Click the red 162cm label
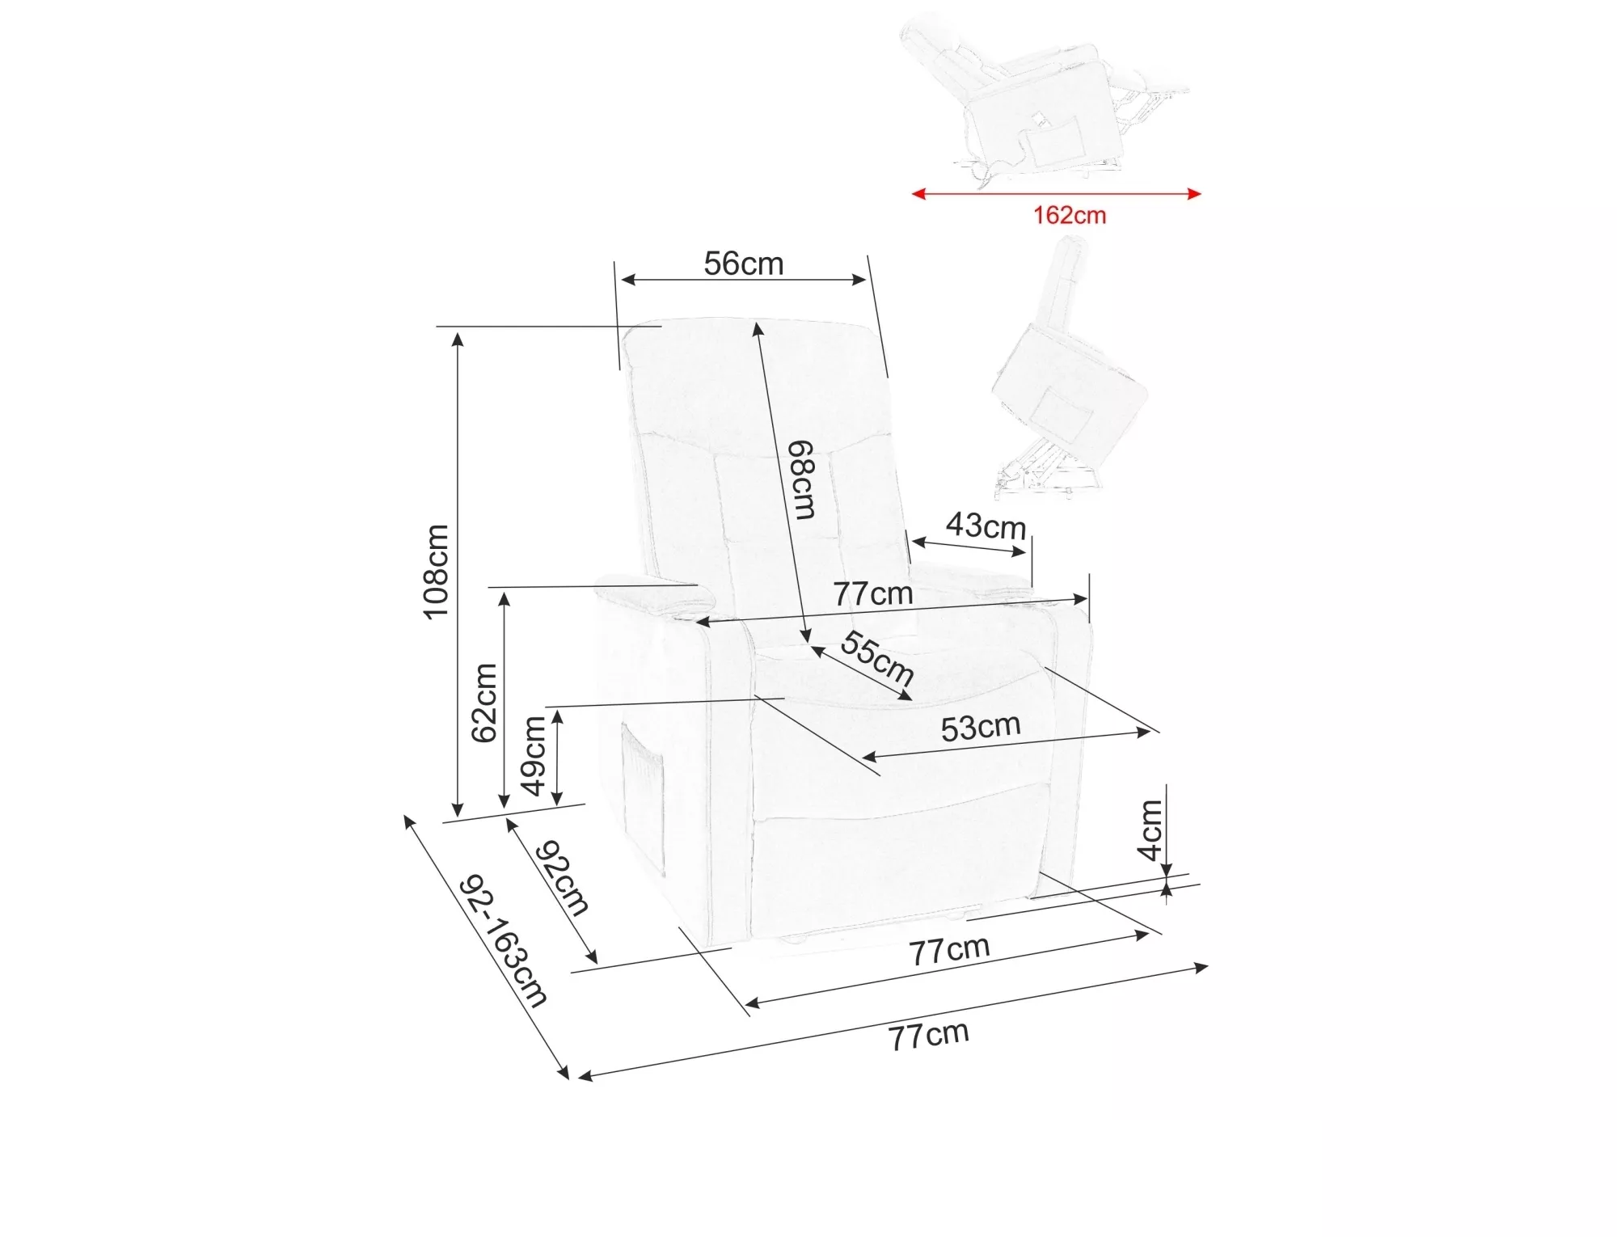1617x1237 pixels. tap(1069, 215)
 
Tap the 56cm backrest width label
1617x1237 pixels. tap(743, 264)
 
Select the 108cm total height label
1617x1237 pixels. tap(436, 572)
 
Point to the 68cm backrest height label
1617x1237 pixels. tap(802, 479)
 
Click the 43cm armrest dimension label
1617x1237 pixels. tap(986, 526)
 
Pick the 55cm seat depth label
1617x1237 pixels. tap(877, 656)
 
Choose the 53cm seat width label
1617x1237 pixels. tap(980, 728)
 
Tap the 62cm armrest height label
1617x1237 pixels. tap(483, 702)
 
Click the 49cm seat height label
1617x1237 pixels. tap(534, 756)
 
